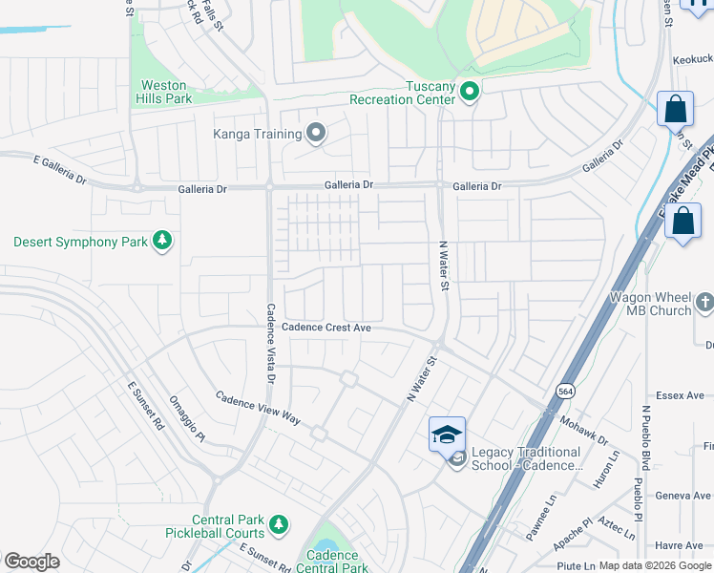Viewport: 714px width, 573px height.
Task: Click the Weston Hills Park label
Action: coord(166,92)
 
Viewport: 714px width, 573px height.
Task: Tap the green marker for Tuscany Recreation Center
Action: coord(469,92)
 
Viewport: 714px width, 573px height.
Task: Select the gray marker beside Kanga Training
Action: coord(316,133)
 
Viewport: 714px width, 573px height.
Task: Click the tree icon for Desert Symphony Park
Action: coord(162,241)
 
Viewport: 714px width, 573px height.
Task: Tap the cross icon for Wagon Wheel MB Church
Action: coord(705,303)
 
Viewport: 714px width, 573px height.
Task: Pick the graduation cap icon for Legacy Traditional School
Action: coord(447,434)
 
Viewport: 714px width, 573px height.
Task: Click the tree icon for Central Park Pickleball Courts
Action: coord(278,523)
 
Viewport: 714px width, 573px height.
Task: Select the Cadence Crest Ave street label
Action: coord(325,327)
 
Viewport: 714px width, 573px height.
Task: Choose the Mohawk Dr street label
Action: coord(583,429)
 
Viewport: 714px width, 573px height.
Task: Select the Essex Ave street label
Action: coord(680,395)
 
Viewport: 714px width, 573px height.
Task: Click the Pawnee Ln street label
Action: coord(539,517)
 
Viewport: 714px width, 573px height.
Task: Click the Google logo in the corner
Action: coord(31,562)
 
